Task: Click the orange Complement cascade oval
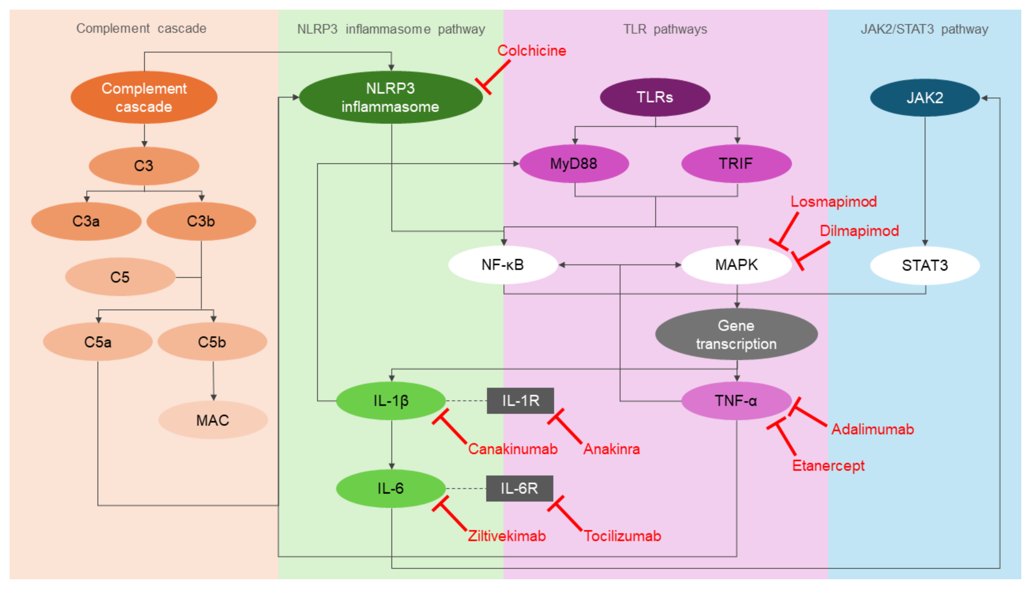(x=144, y=98)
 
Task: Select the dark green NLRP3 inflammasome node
(x=390, y=98)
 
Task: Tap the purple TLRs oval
(x=655, y=98)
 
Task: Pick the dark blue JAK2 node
(x=924, y=98)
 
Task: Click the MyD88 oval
(x=574, y=164)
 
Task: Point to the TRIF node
(x=736, y=164)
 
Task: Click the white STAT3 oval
(x=924, y=266)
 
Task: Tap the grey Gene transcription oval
(x=736, y=335)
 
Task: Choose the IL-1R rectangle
(x=520, y=401)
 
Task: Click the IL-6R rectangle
(x=520, y=488)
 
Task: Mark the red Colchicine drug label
(x=531, y=51)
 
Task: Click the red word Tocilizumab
(x=622, y=536)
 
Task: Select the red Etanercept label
(x=828, y=465)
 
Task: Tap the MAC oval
(x=213, y=420)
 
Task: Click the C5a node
(x=98, y=342)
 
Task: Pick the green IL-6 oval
(x=390, y=488)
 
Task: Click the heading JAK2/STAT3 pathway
(x=924, y=29)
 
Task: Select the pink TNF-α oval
(x=736, y=401)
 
